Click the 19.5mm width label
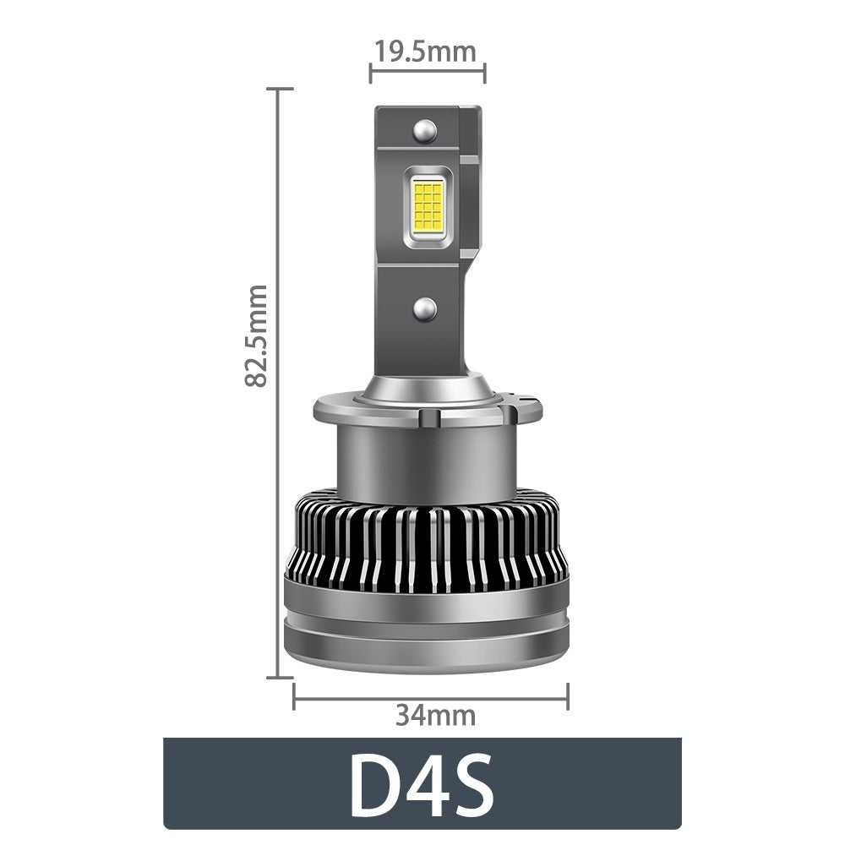(x=427, y=52)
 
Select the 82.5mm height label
(x=255, y=335)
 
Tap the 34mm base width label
(x=435, y=716)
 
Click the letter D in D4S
(x=377, y=786)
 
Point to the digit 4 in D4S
(x=427, y=786)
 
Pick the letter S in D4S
(x=472, y=786)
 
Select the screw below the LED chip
(x=425, y=308)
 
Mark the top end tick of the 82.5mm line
(x=279, y=88)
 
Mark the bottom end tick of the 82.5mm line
(x=279, y=677)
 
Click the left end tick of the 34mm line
(x=294, y=697)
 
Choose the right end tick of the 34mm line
(x=568, y=697)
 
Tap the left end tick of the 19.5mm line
(x=370, y=73)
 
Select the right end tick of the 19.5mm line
(x=485, y=73)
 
